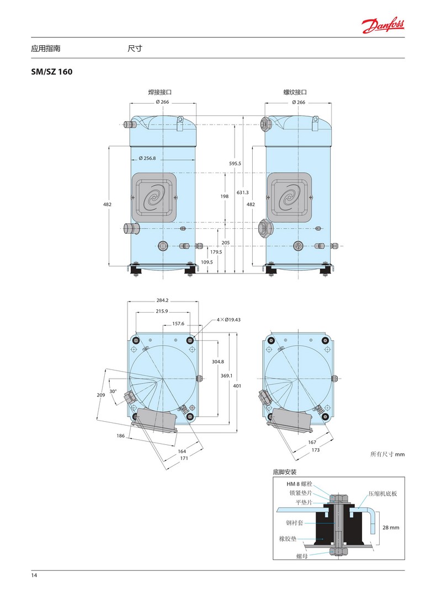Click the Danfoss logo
point(383,25)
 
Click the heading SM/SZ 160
point(52,72)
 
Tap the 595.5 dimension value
point(235,164)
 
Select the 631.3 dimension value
point(242,192)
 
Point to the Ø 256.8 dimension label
point(147,158)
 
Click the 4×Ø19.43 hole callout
point(228,320)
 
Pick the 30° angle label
point(113,391)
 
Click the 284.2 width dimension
point(163,300)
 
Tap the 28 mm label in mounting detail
point(391,527)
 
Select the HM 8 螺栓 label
point(300,484)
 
